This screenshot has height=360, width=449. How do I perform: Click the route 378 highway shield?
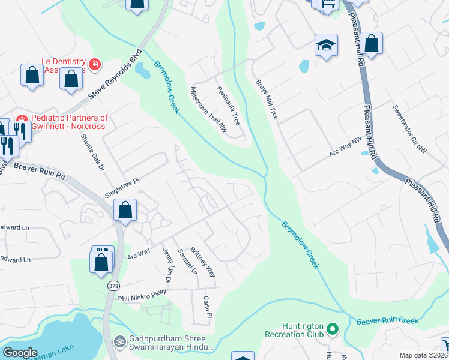(113, 286)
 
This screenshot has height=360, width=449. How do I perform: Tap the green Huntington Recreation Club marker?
(332, 329)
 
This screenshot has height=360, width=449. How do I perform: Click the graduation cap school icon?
(326, 45)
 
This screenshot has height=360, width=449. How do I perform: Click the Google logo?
(20, 353)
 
